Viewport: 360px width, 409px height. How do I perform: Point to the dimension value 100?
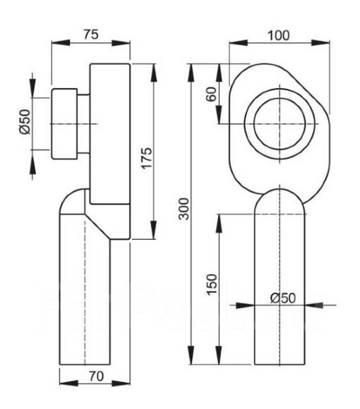click(x=280, y=34)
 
